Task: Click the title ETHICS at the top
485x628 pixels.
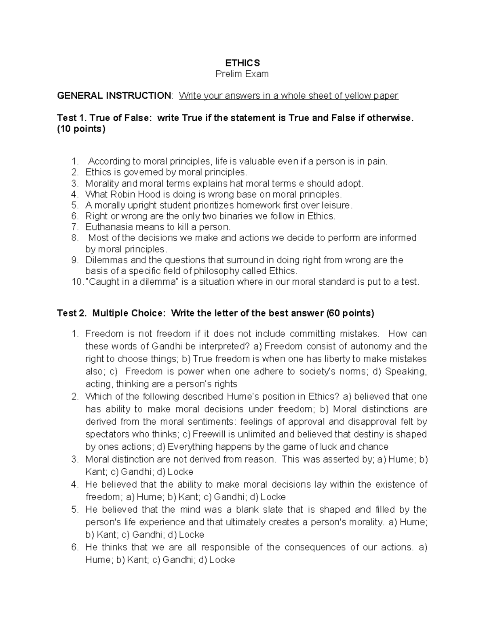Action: coord(242,63)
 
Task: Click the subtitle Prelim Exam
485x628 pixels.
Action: coord(242,74)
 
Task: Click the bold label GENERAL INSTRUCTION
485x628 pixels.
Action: coord(114,96)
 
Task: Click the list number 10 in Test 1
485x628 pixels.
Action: coord(76,282)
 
